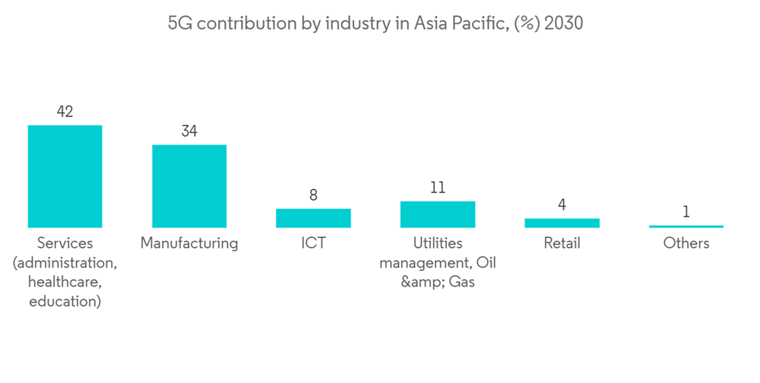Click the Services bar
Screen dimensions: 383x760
[65, 176]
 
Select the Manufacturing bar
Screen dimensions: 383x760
[189, 185]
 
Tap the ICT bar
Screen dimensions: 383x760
[313, 218]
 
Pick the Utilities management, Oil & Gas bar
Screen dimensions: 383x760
[437, 214]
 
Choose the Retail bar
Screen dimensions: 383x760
[562, 223]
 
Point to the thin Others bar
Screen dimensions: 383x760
[686, 226]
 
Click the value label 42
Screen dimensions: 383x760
[65, 112]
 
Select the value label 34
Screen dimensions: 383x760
[189, 131]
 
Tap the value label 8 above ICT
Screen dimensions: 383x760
[313, 195]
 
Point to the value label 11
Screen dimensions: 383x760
[437, 188]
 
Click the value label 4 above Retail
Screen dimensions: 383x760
[562, 205]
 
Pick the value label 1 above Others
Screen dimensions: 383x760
[686, 212]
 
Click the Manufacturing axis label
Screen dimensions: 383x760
[189, 244]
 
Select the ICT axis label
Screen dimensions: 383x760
[313, 244]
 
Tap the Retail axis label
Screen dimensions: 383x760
[562, 244]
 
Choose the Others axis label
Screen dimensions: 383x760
[686, 244]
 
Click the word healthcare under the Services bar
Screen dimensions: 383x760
[65, 283]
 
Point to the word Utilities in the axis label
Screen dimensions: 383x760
[437, 244]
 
